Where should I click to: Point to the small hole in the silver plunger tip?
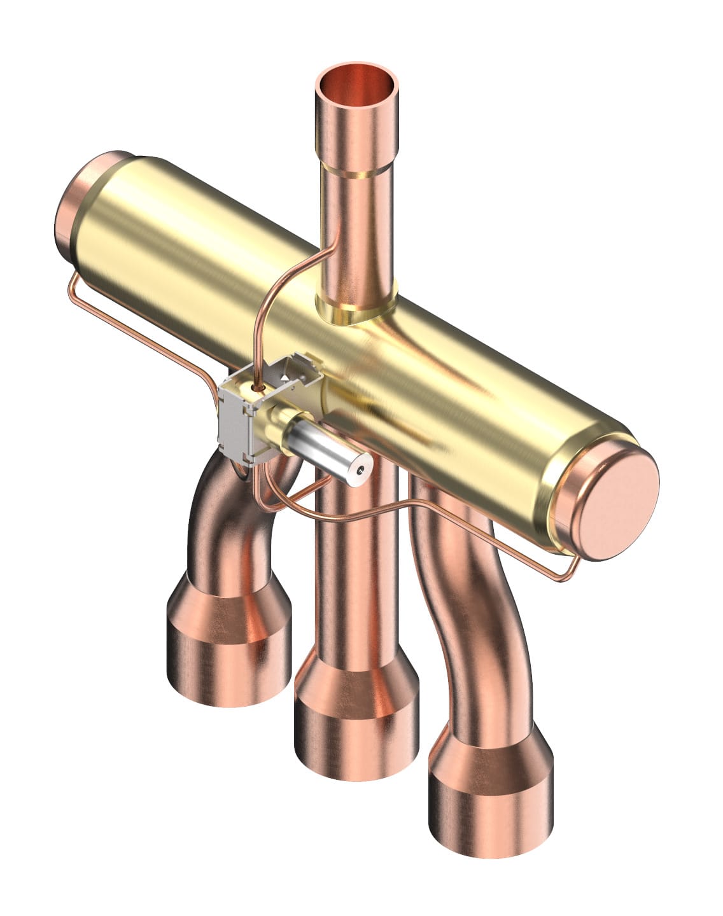(361, 470)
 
